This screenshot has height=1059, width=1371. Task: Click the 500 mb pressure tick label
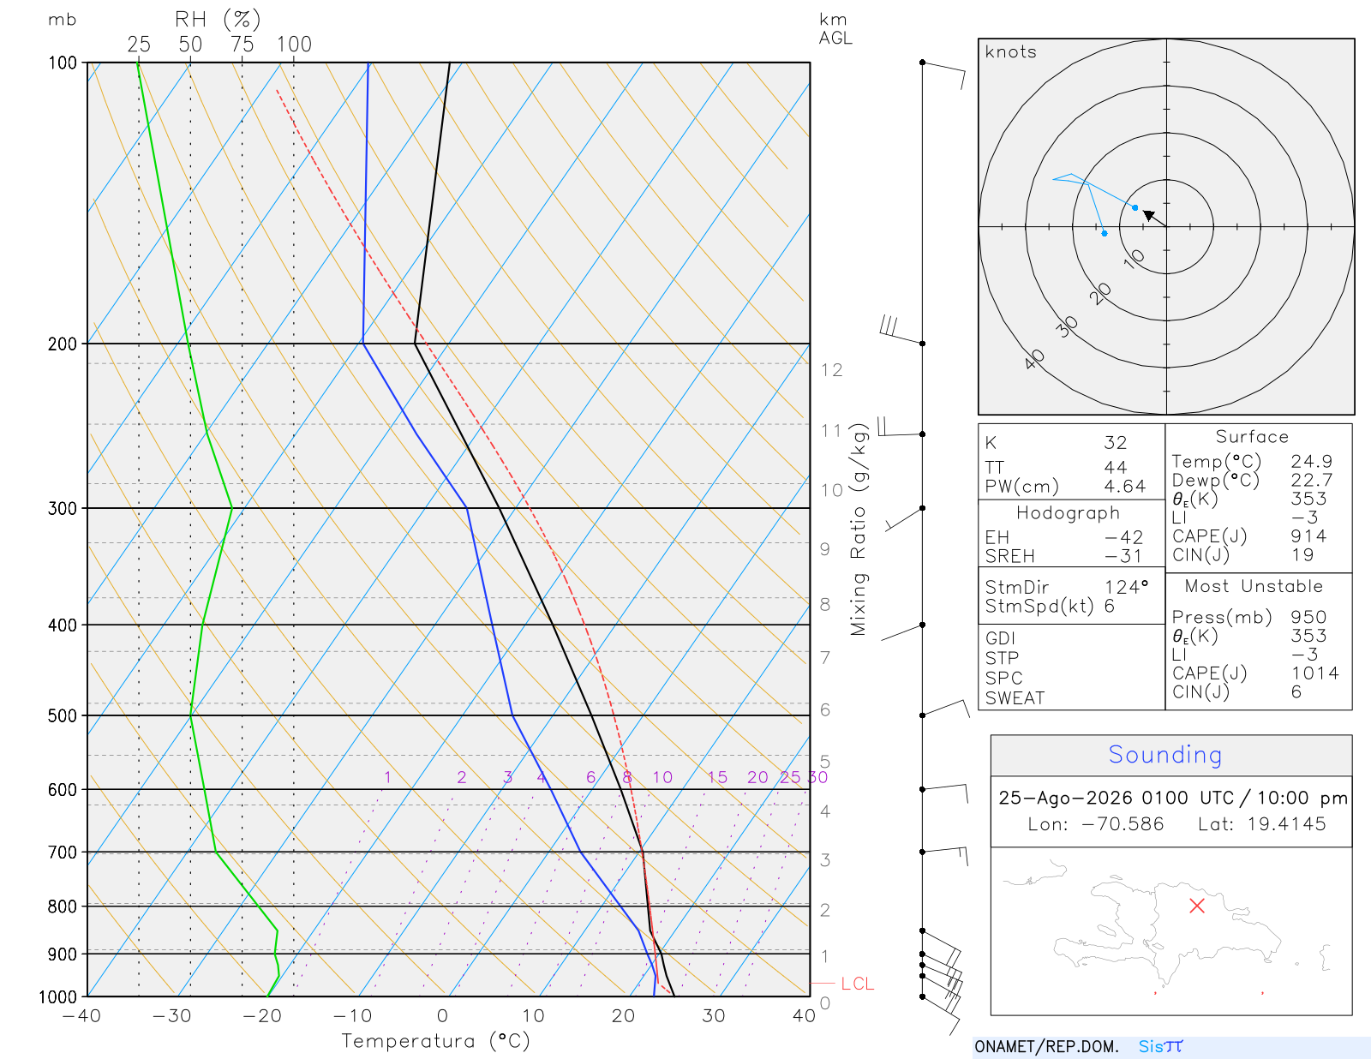click(x=62, y=716)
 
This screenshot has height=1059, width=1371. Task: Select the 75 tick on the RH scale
click(x=242, y=45)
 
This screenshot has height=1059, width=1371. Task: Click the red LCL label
click(x=858, y=984)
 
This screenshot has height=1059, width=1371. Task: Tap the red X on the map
click(x=1197, y=906)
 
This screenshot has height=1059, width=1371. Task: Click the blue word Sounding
click(x=1164, y=754)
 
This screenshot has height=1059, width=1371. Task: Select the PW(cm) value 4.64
click(x=1125, y=487)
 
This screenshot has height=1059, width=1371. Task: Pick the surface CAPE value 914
click(x=1308, y=536)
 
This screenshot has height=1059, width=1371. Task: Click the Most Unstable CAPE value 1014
click(x=1314, y=673)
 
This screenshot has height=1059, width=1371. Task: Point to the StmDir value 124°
click(x=1126, y=587)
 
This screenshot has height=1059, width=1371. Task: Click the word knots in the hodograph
click(x=1011, y=51)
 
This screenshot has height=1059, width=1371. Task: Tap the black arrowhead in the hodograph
click(x=1149, y=215)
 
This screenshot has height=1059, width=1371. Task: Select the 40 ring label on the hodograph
click(x=1035, y=360)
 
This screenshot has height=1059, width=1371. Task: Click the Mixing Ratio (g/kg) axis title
click(x=859, y=529)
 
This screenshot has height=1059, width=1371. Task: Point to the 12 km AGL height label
click(x=831, y=370)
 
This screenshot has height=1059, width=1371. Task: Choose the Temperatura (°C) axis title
click(x=435, y=1041)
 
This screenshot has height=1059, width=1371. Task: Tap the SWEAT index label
click(x=1015, y=698)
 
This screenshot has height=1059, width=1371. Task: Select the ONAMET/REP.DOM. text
click(x=1047, y=1046)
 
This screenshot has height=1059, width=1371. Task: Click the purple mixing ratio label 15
click(x=717, y=777)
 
